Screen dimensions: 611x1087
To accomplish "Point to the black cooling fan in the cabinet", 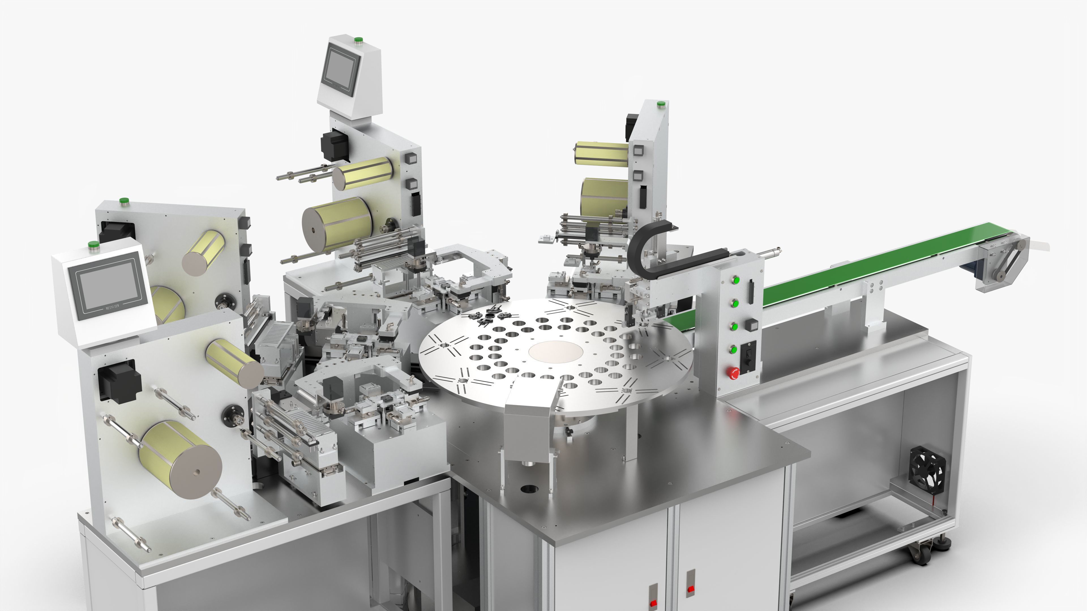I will pos(927,468).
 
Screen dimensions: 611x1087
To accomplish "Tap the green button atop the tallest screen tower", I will pos(358,40).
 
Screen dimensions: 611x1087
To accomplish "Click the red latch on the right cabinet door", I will pos(691,588).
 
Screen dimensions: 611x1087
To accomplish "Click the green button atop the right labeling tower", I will pos(660,104).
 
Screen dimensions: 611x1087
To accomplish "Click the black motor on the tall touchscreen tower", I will pos(334,144).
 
